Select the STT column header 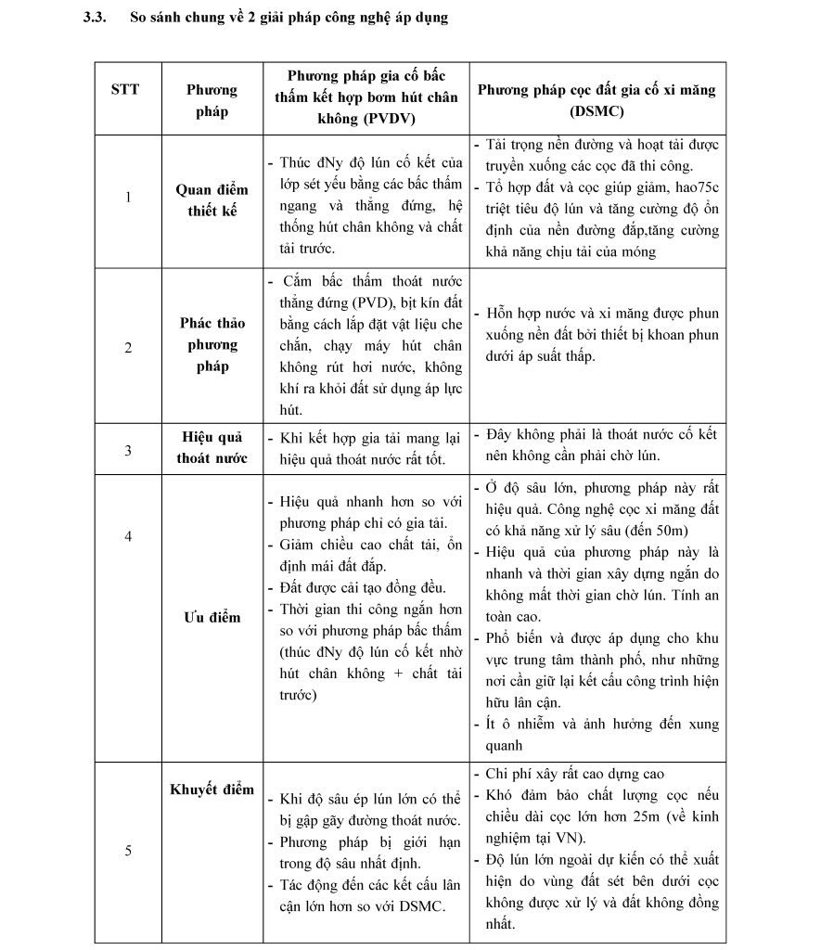pyautogui.click(x=125, y=90)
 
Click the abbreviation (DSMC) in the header pyautogui.click(x=597, y=112)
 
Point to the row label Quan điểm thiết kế pyautogui.click(x=212, y=200)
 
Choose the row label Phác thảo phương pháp pyautogui.click(x=212, y=345)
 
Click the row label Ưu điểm pyautogui.click(x=212, y=618)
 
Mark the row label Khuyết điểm pyautogui.click(x=212, y=790)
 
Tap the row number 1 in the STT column pyautogui.click(x=128, y=198)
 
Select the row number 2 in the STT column pyautogui.click(x=128, y=348)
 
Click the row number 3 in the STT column pyautogui.click(x=128, y=451)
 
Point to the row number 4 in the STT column pyautogui.click(x=128, y=536)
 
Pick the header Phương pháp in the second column pyautogui.click(x=212, y=101)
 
